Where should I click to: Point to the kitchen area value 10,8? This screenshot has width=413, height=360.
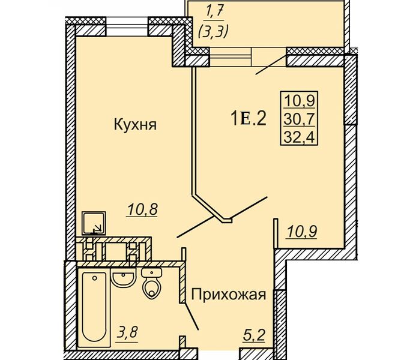(x=142, y=210)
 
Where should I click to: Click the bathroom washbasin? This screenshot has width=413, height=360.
(x=124, y=278)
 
